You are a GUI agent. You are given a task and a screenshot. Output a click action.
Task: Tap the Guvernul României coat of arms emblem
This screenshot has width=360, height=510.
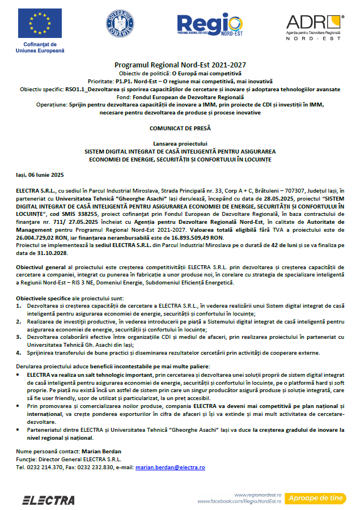coord(120,26)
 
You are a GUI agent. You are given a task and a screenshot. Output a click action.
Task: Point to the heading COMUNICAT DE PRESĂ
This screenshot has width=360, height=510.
coord(179,129)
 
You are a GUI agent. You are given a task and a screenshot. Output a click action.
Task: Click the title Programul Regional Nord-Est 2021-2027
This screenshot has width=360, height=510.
coord(180,65)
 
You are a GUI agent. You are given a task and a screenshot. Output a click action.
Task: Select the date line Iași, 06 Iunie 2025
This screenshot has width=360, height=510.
coord(40,176)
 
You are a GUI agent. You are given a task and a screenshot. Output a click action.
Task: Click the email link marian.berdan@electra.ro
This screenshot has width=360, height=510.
coord(170,467)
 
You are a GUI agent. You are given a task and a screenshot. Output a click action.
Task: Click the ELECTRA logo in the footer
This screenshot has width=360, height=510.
coord(48,500)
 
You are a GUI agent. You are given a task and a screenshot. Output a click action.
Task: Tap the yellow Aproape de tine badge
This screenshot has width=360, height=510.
coord(316,498)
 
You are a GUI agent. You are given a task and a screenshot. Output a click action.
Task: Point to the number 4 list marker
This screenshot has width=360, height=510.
coord(18,352)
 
